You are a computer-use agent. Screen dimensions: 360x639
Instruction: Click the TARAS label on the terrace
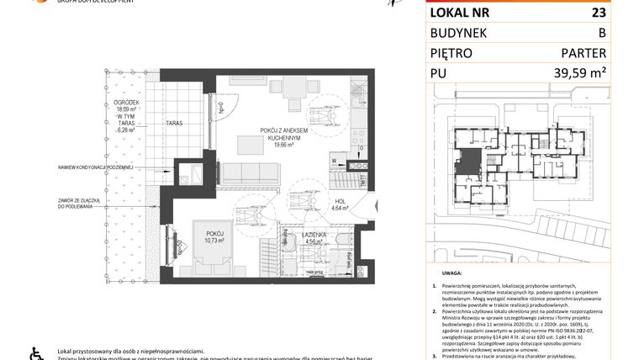pos(174,124)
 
